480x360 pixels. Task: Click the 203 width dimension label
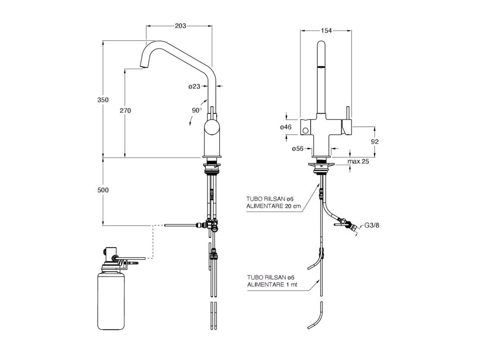coord(180,26)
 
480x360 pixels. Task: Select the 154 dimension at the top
coord(326,31)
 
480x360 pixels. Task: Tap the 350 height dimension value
coord(103,100)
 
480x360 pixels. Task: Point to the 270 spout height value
coord(125,110)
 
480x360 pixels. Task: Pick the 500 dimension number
coord(103,190)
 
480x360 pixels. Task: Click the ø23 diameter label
coord(194,86)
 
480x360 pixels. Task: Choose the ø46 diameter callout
coord(285,127)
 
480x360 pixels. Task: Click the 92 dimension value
coord(375,141)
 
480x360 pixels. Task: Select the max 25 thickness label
coord(358,161)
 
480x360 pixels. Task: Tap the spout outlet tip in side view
coord(144,69)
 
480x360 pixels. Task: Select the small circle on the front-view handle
coord(306,131)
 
